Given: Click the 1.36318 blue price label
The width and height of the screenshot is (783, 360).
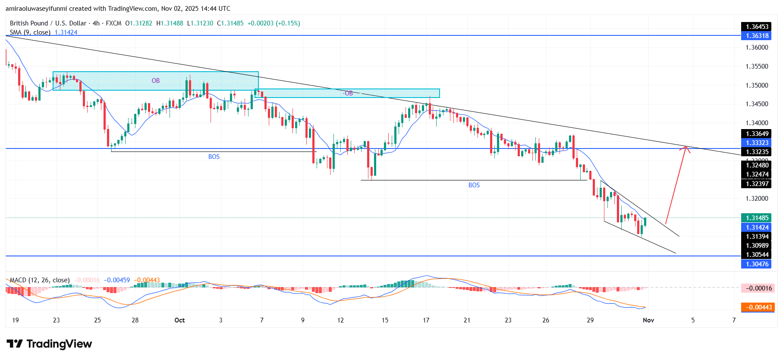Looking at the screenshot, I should click(757, 36).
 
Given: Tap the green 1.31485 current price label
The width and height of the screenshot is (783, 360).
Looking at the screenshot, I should click(757, 218).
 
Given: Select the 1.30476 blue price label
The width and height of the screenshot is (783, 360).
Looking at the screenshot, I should click(757, 264).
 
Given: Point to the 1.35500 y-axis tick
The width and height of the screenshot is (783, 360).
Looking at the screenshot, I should click(757, 66).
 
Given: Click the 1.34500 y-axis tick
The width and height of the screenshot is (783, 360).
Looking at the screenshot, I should click(757, 104).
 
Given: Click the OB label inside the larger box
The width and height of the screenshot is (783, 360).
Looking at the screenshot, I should click(156, 81).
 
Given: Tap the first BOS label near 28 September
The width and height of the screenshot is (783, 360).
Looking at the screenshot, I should click(214, 157).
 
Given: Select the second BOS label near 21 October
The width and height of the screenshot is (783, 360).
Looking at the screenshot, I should click(474, 185).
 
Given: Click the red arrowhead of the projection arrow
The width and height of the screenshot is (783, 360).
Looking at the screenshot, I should click(685, 148).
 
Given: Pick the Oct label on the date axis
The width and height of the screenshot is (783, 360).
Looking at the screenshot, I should click(179, 320).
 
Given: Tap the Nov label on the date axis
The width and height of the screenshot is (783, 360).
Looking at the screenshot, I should click(648, 320).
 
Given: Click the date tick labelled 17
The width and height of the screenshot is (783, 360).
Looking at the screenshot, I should click(426, 320).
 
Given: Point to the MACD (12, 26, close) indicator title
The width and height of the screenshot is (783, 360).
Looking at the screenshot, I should click(40, 280).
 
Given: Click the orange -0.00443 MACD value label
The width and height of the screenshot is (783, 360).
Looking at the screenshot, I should click(757, 307).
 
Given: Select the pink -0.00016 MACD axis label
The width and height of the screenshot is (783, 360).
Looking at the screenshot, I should click(757, 288).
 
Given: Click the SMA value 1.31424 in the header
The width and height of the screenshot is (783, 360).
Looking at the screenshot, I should click(66, 32).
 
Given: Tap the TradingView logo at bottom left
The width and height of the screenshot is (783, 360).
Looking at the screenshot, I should click(49, 344).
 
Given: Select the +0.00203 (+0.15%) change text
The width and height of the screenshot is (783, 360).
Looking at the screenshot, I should click(274, 23).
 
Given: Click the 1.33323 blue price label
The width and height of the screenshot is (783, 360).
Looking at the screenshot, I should click(757, 143).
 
